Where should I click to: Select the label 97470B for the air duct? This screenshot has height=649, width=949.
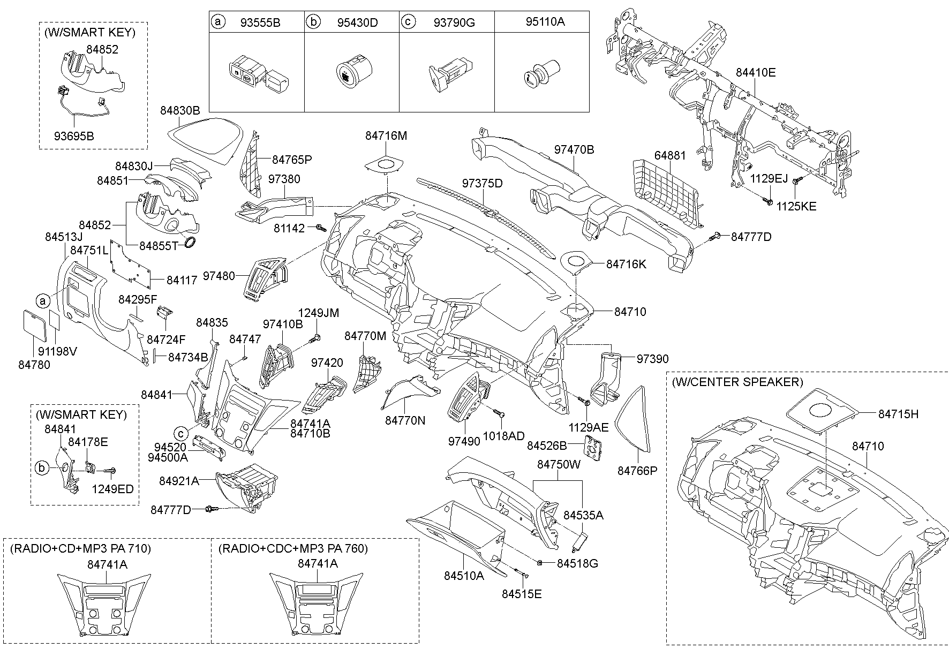click(574, 150)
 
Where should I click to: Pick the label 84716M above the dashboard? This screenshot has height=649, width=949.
click(386, 136)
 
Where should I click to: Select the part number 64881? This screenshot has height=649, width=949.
click(670, 156)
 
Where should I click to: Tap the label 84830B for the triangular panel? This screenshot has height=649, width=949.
click(180, 111)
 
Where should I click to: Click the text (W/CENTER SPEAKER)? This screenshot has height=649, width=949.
click(737, 382)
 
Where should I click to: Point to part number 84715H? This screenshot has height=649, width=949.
click(899, 414)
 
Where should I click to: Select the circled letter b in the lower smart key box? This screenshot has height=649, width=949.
click(41, 467)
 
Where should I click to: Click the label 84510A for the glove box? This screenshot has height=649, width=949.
click(464, 576)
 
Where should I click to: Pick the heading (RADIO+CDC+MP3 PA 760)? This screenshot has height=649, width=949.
click(293, 548)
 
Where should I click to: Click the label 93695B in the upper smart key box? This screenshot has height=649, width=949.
click(74, 136)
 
